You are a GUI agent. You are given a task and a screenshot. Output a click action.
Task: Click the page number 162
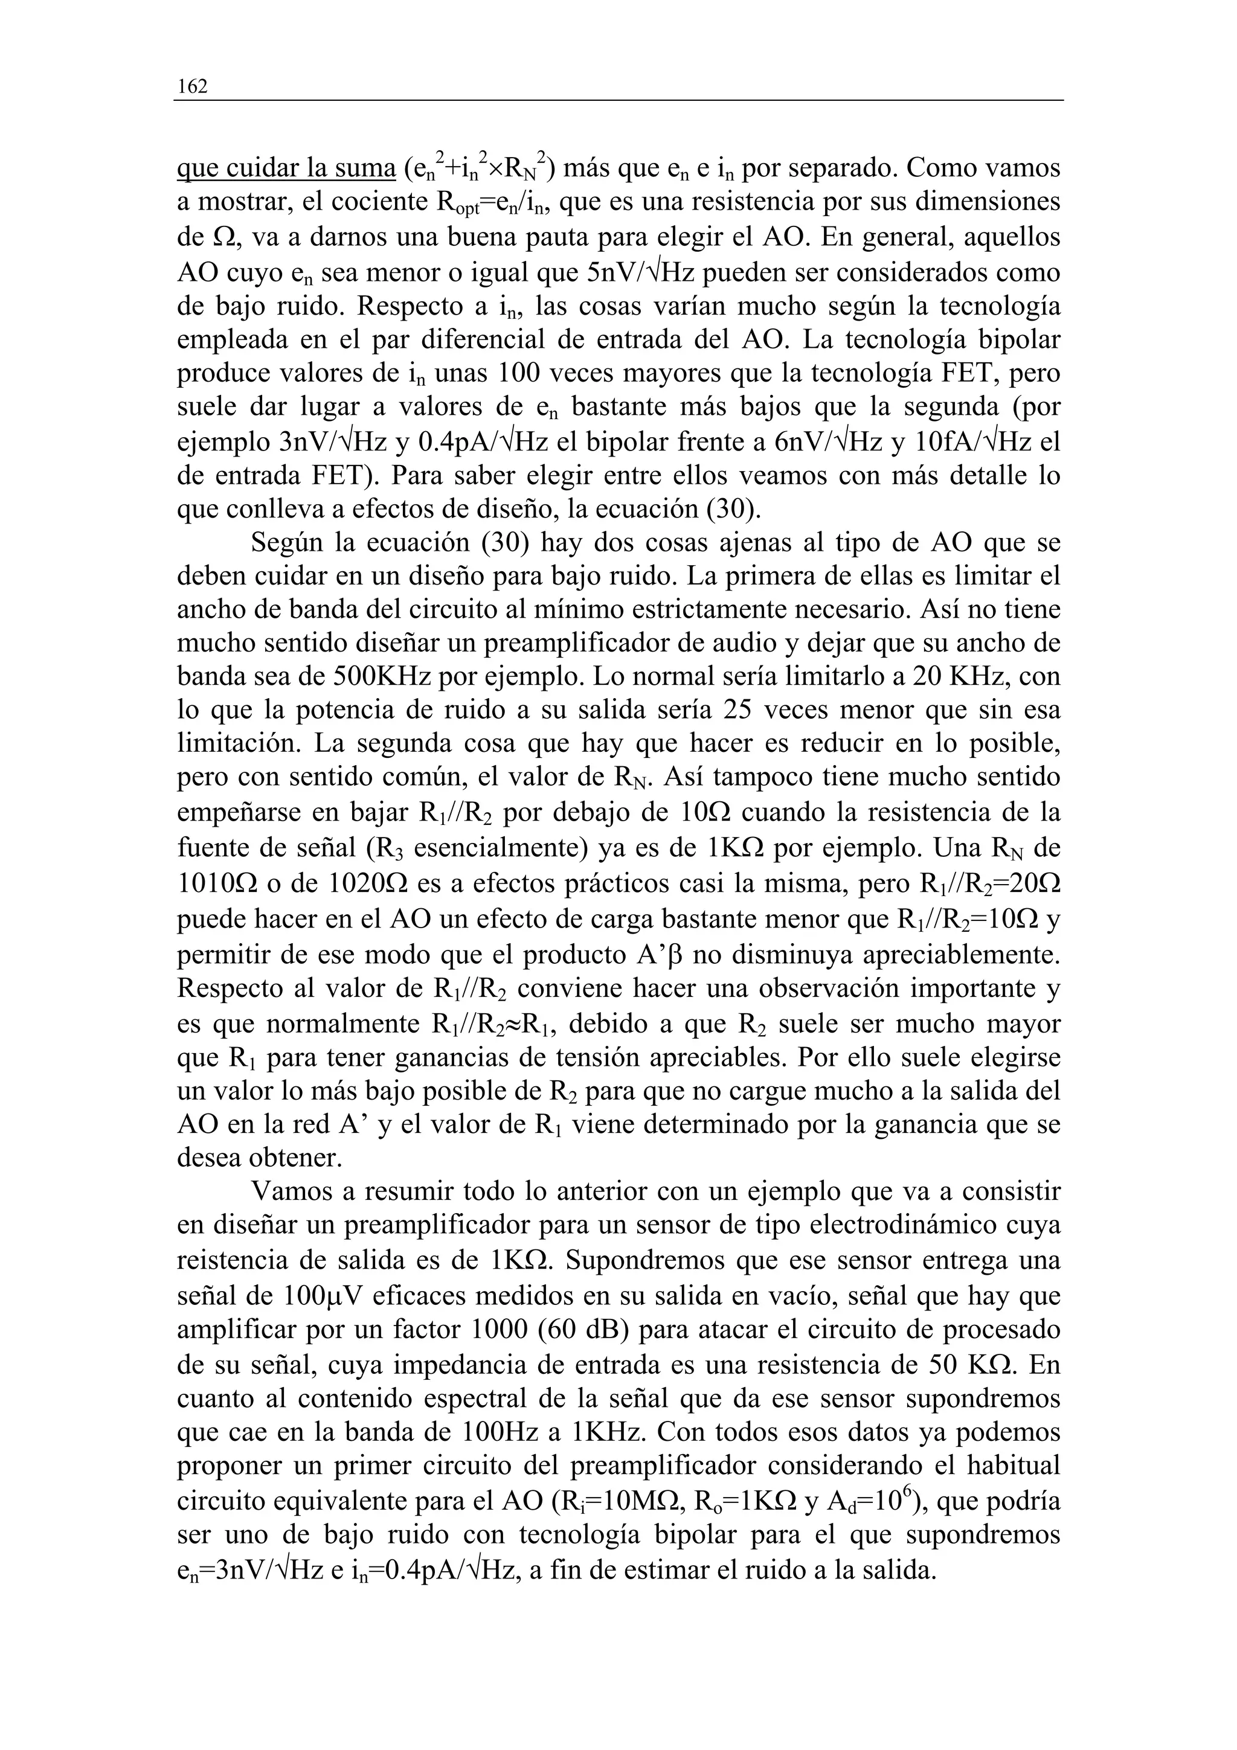pos(192,87)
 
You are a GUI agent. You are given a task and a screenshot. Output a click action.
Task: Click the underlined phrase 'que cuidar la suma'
pos(286,168)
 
